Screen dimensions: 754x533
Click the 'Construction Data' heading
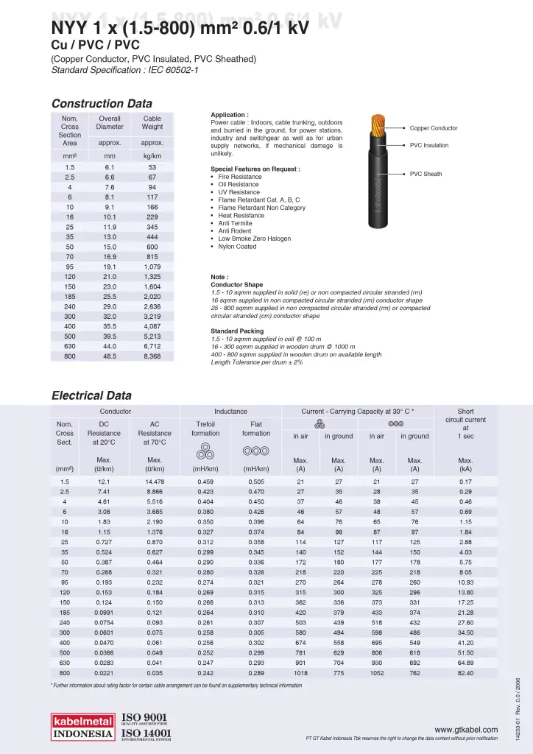pos(102,103)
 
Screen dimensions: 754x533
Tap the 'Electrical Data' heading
pos(91,395)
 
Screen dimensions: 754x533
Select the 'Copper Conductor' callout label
pos(434,128)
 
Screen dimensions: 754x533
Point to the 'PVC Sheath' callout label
pos(426,174)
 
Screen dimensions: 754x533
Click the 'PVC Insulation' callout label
pos(429,146)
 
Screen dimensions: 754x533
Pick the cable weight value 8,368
pos(152,356)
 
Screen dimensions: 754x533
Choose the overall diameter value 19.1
pos(110,267)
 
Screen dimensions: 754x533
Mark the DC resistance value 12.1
pos(104,482)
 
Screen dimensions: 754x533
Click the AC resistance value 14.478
pos(155,482)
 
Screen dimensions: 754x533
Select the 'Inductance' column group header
pos(230,411)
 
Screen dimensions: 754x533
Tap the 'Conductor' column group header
pos(116,411)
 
